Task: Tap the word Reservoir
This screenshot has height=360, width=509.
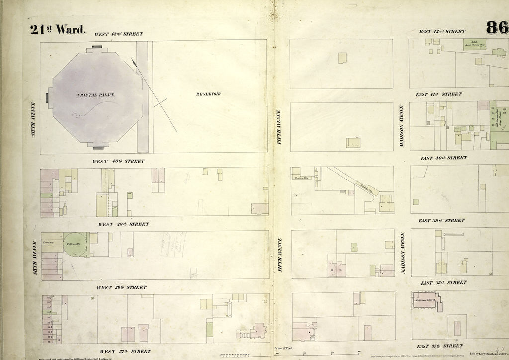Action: click(208, 94)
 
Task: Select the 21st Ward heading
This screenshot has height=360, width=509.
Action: click(58, 30)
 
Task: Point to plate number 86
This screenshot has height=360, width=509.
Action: click(497, 28)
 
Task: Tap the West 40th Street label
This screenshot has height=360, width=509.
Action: click(118, 161)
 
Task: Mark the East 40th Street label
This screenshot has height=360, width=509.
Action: click(443, 158)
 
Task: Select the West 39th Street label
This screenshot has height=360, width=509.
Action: click(123, 224)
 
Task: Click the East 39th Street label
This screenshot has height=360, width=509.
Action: click(441, 220)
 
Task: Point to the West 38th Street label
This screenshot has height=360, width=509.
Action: click(121, 287)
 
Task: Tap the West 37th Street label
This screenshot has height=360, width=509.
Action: click(125, 351)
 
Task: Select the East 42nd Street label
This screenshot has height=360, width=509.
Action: click(442, 31)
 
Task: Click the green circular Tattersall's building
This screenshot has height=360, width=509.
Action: click(75, 245)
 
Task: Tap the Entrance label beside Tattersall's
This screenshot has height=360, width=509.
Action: click(49, 242)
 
